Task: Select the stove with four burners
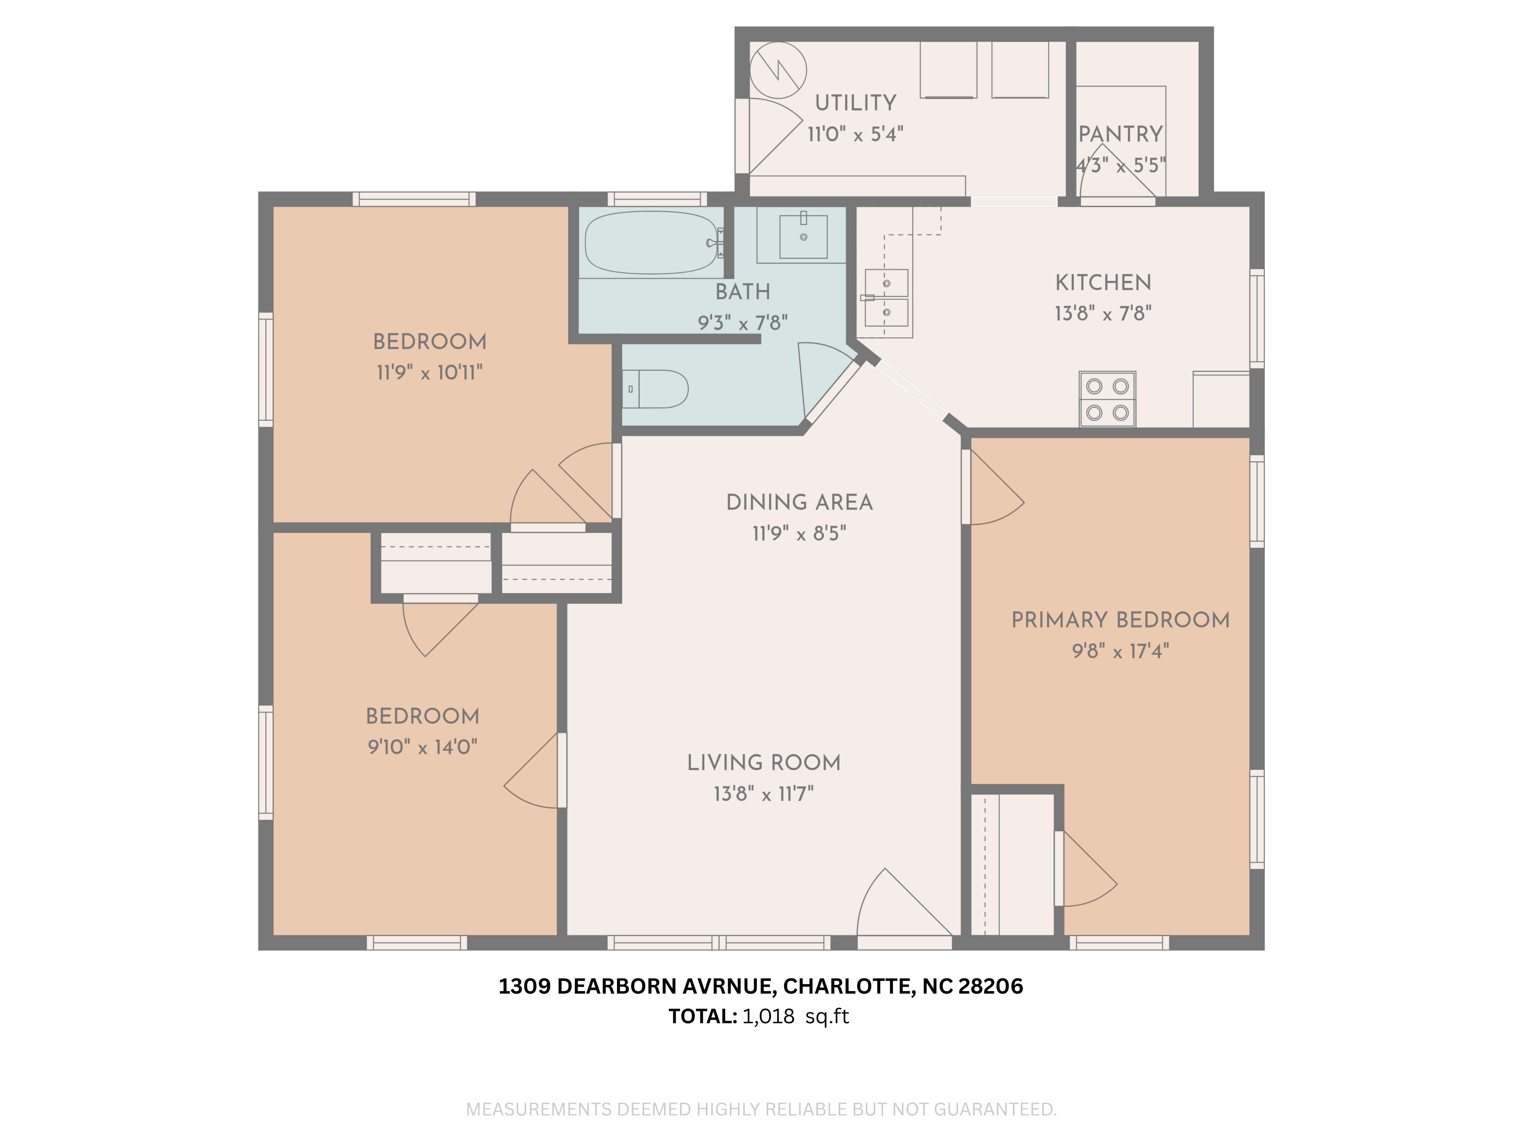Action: point(1107,399)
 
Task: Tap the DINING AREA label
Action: point(799,502)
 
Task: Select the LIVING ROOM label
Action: point(763,763)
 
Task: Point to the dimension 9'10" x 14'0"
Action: point(422,747)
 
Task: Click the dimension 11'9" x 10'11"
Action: point(429,372)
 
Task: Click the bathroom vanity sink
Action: point(803,236)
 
